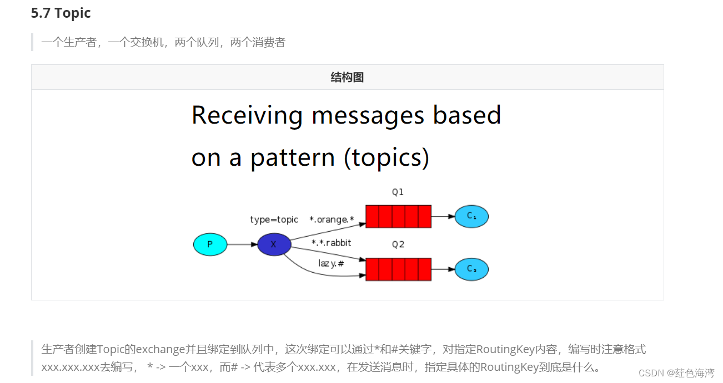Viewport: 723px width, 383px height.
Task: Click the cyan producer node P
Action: (x=210, y=244)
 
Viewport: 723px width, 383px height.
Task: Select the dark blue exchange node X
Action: (x=274, y=244)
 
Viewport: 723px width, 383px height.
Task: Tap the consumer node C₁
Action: (x=471, y=216)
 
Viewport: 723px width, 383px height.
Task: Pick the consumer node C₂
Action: (x=471, y=269)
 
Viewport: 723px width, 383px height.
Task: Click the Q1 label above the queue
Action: (x=398, y=192)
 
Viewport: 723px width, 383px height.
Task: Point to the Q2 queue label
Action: (x=398, y=244)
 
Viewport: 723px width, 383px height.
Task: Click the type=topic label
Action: (x=274, y=220)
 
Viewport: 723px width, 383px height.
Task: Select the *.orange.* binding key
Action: (x=332, y=220)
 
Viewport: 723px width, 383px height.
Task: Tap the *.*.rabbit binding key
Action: (x=332, y=243)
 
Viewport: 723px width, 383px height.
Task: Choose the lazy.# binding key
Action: (x=331, y=263)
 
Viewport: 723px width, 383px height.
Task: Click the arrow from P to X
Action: (x=242, y=244)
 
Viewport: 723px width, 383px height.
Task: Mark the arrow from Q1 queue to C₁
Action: (x=443, y=216)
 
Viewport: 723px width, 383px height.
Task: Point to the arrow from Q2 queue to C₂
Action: (x=443, y=269)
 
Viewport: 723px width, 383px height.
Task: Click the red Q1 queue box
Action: (x=398, y=216)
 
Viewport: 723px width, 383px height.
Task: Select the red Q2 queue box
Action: (x=398, y=269)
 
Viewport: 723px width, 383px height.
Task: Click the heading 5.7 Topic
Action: (x=61, y=13)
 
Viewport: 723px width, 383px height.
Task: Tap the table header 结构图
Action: (x=347, y=77)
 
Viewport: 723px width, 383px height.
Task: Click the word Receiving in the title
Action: (x=247, y=115)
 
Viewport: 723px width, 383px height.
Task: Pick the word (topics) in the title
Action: (x=386, y=158)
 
